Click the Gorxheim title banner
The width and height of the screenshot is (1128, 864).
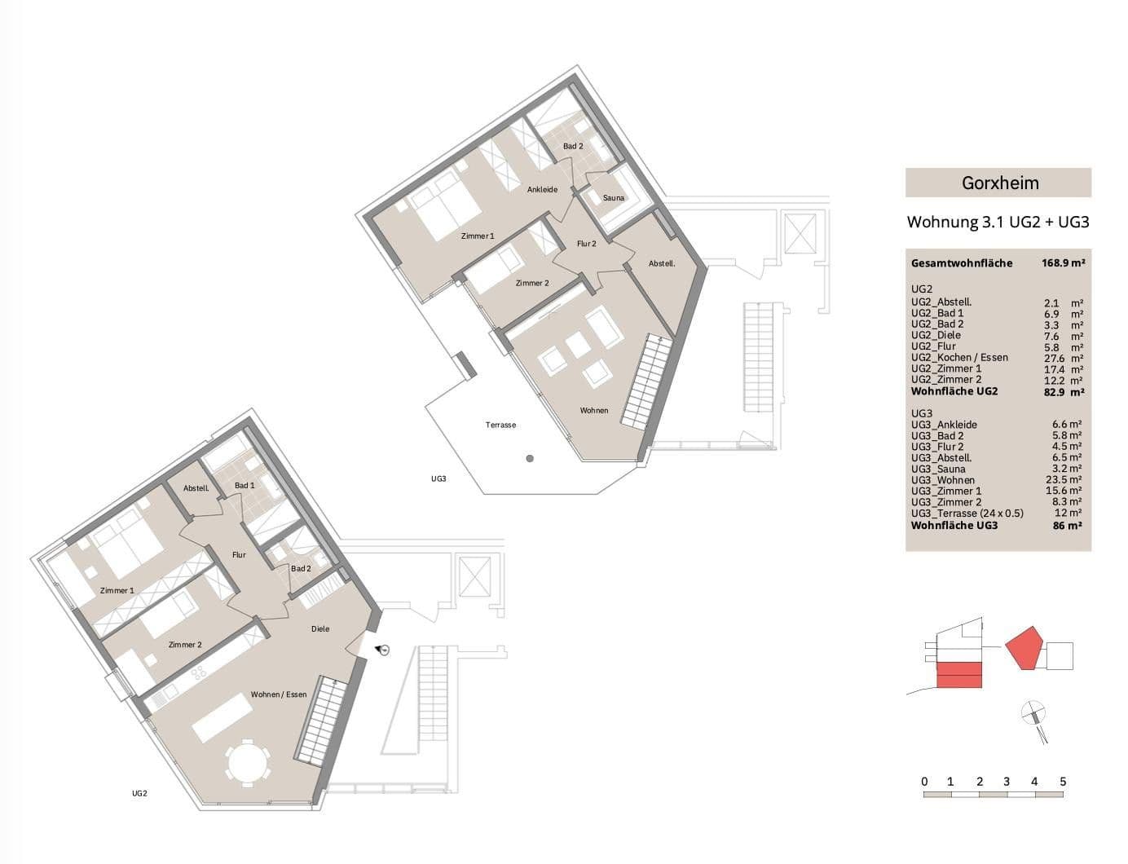(998, 183)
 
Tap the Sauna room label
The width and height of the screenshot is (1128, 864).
(613, 198)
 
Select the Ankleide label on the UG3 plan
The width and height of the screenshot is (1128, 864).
(542, 190)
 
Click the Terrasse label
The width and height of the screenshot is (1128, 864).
(500, 425)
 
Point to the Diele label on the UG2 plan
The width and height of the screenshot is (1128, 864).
(320, 628)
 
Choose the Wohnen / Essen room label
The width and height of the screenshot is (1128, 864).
(279, 694)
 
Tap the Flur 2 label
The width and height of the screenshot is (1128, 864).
(586, 244)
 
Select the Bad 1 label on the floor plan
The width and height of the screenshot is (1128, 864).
(245, 486)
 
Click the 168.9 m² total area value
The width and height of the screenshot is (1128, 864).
(1063, 263)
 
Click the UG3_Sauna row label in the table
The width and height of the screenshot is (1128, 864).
(938, 469)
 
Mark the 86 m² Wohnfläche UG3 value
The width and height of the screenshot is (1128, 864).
(1067, 526)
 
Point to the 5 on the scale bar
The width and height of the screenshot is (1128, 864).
(1063, 782)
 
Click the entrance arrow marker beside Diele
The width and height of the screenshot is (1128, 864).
(382, 650)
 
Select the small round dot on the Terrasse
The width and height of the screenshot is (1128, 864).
(530, 459)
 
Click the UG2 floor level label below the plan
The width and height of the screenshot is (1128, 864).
(139, 793)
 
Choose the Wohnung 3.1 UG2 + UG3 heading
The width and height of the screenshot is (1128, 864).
(998, 222)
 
